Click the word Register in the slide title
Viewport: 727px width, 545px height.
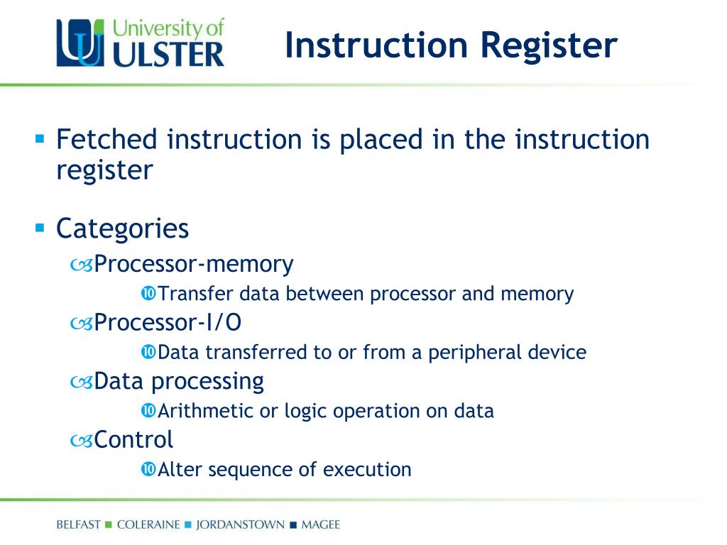549,45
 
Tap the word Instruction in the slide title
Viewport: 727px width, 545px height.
376,45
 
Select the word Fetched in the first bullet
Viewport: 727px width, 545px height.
106,139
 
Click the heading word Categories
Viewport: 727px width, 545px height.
122,229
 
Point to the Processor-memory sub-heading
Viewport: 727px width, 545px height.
194,264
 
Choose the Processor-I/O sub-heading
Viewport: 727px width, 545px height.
168,323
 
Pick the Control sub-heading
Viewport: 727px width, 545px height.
133,440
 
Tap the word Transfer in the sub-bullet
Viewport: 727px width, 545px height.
195,294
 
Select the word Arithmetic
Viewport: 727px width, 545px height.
206,411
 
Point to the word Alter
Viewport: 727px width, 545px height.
180,469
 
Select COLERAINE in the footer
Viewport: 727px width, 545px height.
147,525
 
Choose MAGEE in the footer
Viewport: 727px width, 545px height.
321,525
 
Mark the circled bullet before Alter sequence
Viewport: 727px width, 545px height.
148,469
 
